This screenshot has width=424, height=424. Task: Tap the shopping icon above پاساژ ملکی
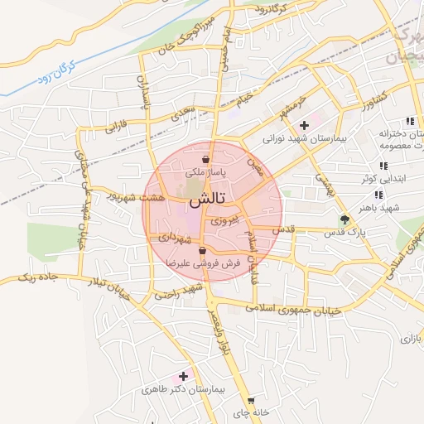click(205, 160)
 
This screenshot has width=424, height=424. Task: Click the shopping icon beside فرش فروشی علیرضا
click(202, 250)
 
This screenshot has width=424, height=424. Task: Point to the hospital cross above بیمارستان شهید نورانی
click(304, 125)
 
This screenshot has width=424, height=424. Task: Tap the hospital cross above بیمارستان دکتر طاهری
click(183, 376)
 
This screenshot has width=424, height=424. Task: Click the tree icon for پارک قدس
click(344, 219)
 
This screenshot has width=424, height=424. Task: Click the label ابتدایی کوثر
click(381, 179)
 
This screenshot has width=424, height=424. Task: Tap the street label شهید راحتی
click(180, 291)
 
